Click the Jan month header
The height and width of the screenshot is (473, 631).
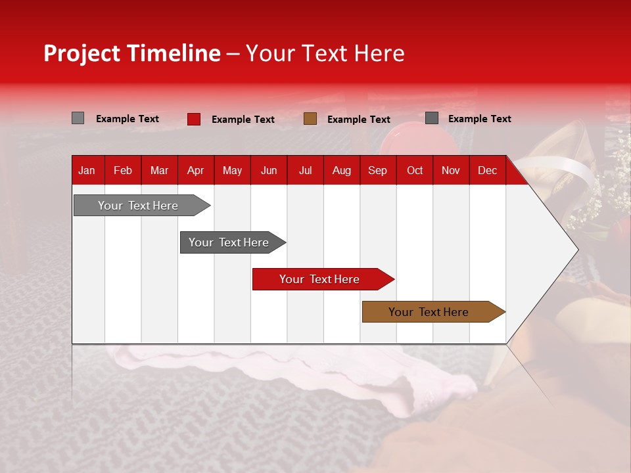[87, 170]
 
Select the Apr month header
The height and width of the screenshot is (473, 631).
[195, 170]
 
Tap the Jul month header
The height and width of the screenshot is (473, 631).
[305, 170]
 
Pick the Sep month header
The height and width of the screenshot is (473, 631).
[377, 170]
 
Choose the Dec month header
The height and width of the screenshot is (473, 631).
[487, 170]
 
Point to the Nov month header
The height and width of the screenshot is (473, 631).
[450, 170]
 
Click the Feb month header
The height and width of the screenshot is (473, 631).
[123, 170]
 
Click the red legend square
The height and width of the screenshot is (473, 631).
[194, 119]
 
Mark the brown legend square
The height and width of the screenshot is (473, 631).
[310, 119]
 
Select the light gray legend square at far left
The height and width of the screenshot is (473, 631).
[78, 118]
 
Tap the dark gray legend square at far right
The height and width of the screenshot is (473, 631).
[432, 118]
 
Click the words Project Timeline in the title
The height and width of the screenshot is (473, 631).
[132, 53]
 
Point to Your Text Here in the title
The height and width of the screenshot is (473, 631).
[325, 53]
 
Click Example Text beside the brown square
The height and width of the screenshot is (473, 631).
[359, 120]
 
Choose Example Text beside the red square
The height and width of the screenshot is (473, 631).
[243, 120]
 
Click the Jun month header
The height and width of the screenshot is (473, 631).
[269, 170]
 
